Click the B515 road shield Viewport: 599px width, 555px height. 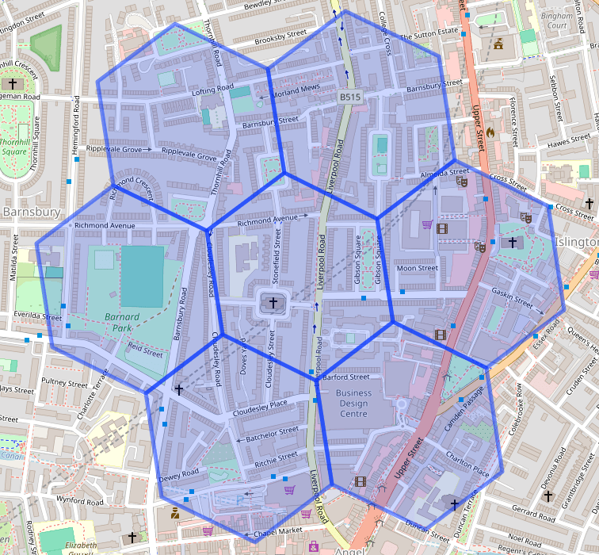tap(350, 97)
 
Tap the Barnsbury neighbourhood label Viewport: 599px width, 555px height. tap(32, 212)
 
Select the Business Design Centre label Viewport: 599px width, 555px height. tap(353, 403)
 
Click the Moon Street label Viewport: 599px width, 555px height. tap(417, 268)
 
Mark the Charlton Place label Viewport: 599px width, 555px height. tap(467, 463)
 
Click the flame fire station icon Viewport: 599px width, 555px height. tap(491, 132)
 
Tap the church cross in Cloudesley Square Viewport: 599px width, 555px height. tap(273, 302)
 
